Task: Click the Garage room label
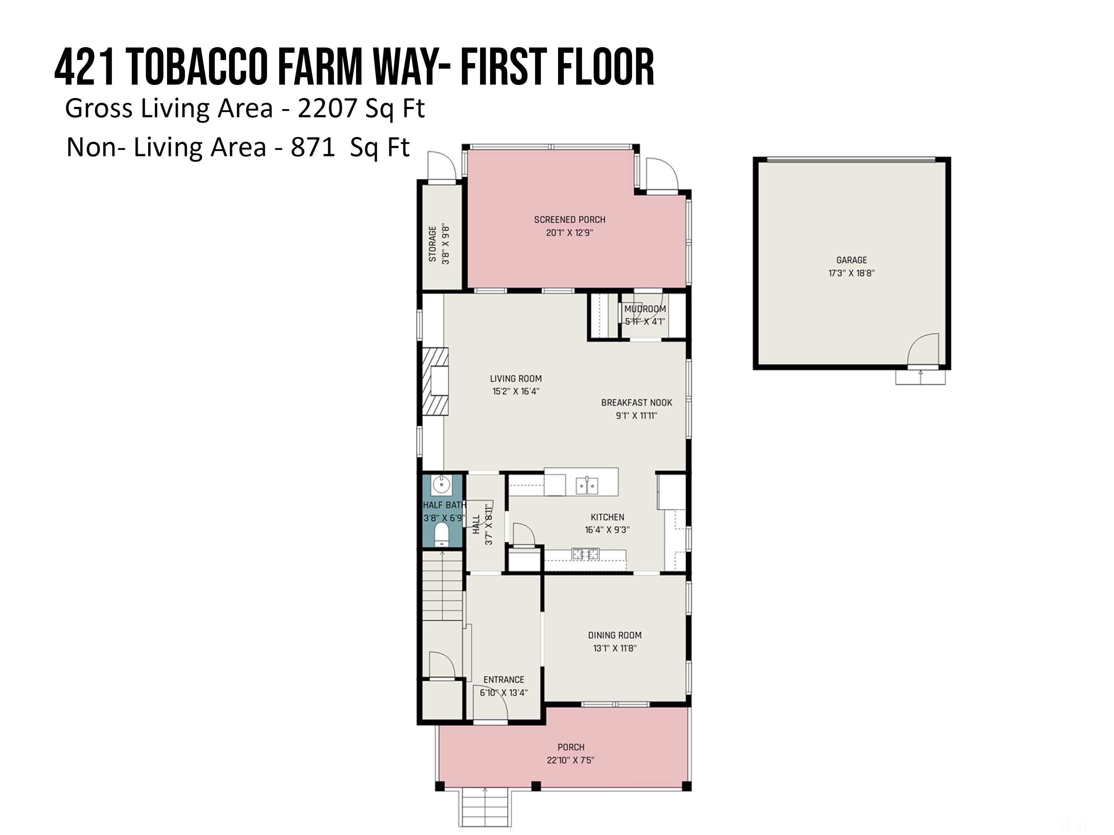851,260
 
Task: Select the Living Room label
516,379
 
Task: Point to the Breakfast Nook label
636,403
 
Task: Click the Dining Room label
615,635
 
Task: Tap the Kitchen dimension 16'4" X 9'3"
608,530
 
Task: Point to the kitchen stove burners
585,554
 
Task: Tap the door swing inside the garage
923,350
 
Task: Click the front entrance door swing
491,703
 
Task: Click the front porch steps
485,808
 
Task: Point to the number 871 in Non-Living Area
313,147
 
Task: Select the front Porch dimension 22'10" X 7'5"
571,760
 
